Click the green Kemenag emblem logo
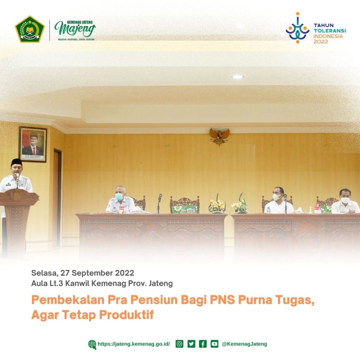(x=30, y=29)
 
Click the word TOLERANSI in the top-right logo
(x=329, y=31)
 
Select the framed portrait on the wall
(x=33, y=144)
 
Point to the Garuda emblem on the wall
(x=219, y=136)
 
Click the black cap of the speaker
(x=17, y=162)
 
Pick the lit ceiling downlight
(x=237, y=77)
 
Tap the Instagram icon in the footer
(x=180, y=344)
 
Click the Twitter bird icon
(x=191, y=344)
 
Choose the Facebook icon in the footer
(x=203, y=344)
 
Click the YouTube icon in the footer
(x=214, y=344)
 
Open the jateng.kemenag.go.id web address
(x=134, y=344)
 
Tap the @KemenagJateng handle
(x=244, y=344)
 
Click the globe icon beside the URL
(x=92, y=344)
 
